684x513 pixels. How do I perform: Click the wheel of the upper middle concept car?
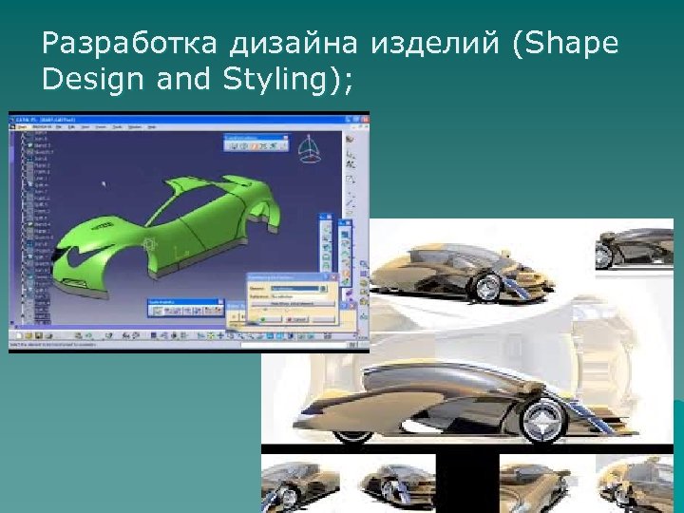click(489, 285)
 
